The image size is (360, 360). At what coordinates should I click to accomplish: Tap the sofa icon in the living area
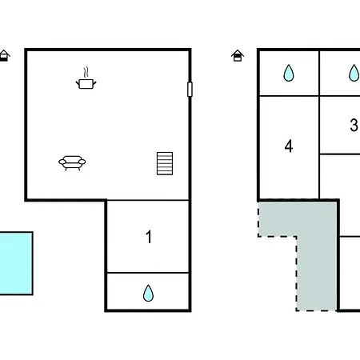pos(72,162)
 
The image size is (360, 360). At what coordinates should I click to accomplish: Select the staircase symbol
pos(165,163)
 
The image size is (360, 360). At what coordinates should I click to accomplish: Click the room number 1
pos(149,237)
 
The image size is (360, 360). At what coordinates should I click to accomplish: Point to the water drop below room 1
pos(148,293)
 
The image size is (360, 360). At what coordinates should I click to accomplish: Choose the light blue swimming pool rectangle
pos(16,263)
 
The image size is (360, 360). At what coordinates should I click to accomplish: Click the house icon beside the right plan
pos(238,56)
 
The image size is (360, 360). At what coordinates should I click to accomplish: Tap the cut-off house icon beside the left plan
pos(4,56)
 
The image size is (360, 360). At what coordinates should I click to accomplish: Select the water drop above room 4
pos(289,73)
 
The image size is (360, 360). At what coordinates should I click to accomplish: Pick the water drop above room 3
pos(354,73)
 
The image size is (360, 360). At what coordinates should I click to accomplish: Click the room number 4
pos(289,146)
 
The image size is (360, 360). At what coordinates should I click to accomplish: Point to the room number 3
pos(354,125)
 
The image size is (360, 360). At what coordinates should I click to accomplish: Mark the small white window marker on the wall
pos(190,90)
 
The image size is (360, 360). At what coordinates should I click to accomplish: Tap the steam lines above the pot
pos(86,72)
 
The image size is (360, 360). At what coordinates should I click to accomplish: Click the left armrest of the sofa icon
pos(62,162)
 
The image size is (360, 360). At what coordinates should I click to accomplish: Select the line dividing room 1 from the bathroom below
pos(148,273)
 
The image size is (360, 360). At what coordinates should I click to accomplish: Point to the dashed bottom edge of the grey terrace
pos(316,310)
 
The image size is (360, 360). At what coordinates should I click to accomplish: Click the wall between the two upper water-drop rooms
pos(319,74)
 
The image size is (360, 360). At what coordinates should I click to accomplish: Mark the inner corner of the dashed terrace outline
pos(297,236)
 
